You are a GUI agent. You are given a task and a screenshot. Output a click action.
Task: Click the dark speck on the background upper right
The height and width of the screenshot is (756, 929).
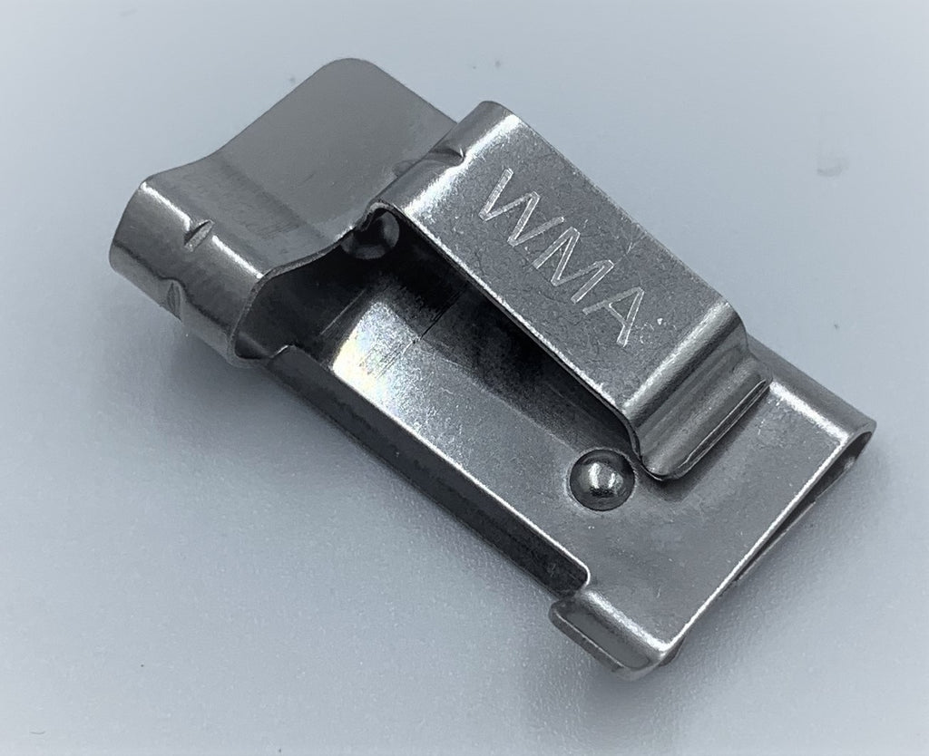tap(832, 169)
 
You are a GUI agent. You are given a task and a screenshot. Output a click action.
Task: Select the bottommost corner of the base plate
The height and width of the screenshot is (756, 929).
tap(635, 672)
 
